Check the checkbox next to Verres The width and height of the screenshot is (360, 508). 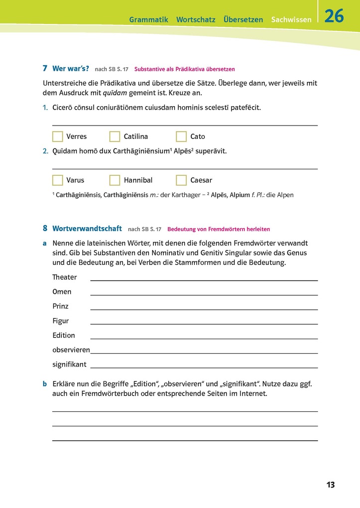[x=58, y=136]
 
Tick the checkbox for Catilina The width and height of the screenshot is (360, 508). [x=115, y=136]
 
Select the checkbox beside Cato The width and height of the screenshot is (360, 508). [x=182, y=136]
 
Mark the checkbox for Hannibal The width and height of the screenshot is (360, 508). [x=115, y=180]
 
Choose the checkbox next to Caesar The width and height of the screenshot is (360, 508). [x=182, y=180]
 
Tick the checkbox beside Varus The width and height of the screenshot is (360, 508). [x=58, y=180]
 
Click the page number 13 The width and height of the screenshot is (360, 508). [x=331, y=485]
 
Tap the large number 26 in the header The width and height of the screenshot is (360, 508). [x=334, y=16]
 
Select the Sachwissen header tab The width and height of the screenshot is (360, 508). [x=291, y=20]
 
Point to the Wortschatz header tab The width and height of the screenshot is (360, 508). [x=196, y=20]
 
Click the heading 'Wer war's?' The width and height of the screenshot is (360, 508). [x=71, y=69]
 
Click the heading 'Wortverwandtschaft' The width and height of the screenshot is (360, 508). [x=87, y=229]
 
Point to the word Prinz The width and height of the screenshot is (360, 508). [x=60, y=306]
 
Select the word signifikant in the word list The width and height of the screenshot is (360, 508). [x=69, y=365]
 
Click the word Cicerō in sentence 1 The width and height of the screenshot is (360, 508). [x=63, y=108]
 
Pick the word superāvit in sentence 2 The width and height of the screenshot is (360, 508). [x=211, y=151]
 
